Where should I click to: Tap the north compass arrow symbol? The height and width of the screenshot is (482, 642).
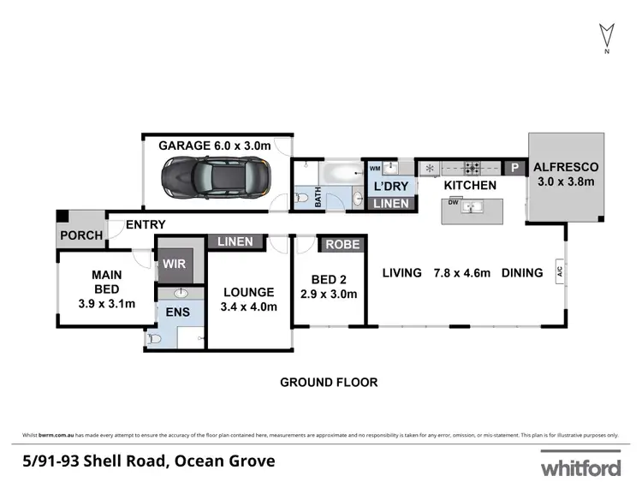click(x=606, y=35)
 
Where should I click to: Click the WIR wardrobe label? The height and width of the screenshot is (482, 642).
click(x=175, y=264)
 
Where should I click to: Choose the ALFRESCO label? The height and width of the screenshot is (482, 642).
click(x=567, y=167)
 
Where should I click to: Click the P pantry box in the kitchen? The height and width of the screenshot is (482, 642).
click(x=515, y=169)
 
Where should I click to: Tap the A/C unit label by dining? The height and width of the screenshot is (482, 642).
click(x=559, y=273)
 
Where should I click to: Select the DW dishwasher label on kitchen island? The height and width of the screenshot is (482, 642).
click(x=455, y=203)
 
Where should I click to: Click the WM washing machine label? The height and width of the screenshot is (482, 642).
click(x=374, y=168)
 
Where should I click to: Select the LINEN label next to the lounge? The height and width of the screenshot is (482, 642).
click(x=235, y=241)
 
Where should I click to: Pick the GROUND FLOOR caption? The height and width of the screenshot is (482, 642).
click(x=329, y=382)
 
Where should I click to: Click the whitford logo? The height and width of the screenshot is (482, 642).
click(x=580, y=467)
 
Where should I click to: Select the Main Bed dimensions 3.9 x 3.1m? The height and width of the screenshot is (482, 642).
click(x=107, y=303)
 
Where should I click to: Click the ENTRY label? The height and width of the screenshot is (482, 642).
click(x=146, y=224)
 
